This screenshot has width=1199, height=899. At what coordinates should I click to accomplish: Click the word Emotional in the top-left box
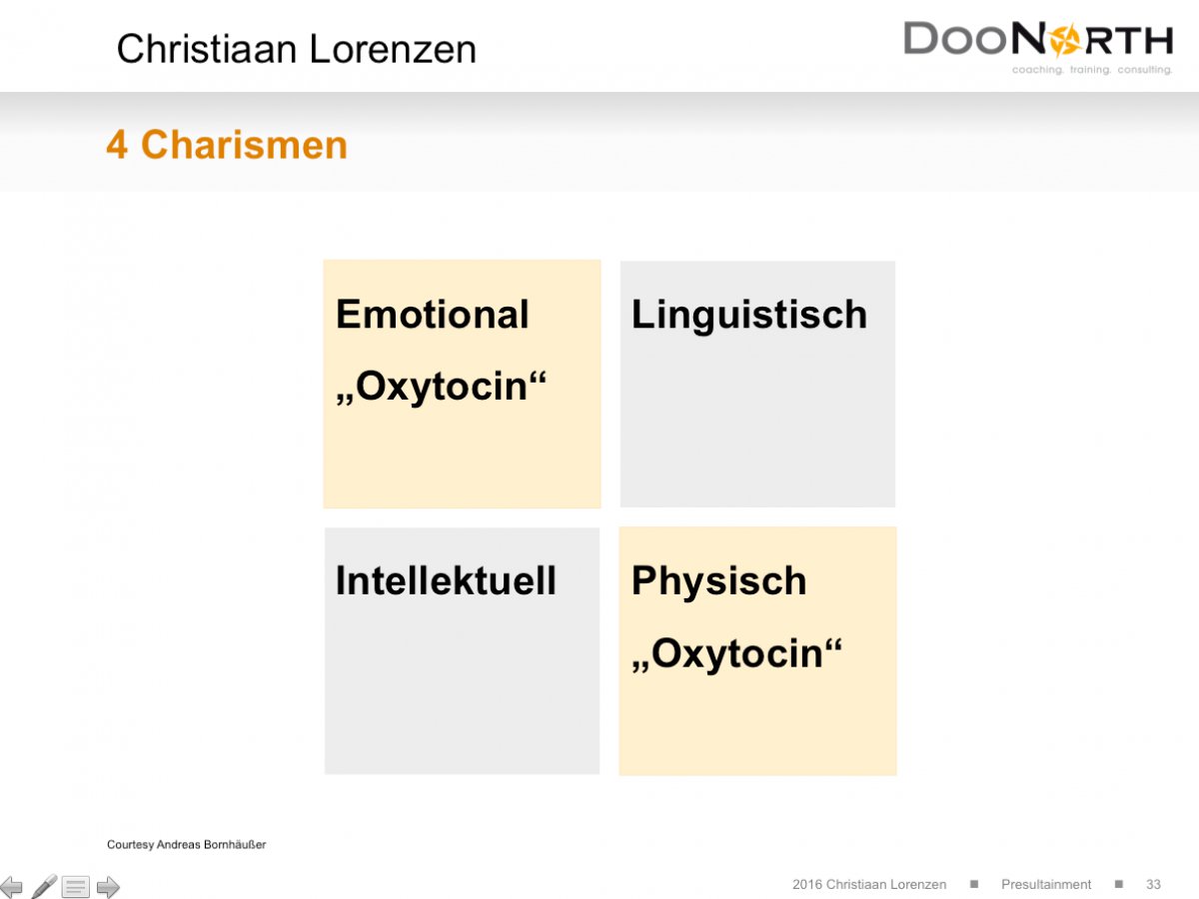point(432,315)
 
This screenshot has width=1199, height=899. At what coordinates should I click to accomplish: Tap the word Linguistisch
point(749,316)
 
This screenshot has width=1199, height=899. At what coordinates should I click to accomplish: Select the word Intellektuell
point(446,580)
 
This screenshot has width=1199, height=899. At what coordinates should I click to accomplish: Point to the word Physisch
point(718,582)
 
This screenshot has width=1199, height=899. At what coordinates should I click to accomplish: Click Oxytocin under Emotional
point(442,387)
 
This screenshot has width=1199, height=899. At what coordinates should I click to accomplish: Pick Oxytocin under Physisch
point(736,654)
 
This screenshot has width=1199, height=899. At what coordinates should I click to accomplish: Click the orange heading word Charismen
point(244,145)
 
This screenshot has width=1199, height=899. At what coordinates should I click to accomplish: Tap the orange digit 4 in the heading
point(117,145)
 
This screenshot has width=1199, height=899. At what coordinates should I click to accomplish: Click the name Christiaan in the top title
point(207,49)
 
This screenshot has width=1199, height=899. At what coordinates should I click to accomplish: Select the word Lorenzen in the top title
point(393,49)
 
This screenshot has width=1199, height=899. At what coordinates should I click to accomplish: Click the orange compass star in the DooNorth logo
point(1065,40)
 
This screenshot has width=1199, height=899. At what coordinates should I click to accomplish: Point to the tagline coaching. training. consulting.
point(1092,70)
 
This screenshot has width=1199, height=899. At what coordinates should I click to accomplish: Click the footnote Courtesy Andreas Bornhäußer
point(186,844)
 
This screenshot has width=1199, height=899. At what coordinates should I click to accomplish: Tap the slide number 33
point(1153,884)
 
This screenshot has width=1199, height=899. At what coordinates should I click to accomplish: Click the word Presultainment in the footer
point(1045,884)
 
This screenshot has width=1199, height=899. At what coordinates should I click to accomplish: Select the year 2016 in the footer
point(806,884)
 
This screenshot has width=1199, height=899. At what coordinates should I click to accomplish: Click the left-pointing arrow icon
point(11,886)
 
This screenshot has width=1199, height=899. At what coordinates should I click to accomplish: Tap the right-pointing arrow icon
point(108,886)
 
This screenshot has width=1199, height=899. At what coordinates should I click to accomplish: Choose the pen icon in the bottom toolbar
point(44,886)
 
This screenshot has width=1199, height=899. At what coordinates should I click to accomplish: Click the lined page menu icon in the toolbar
point(75,886)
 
